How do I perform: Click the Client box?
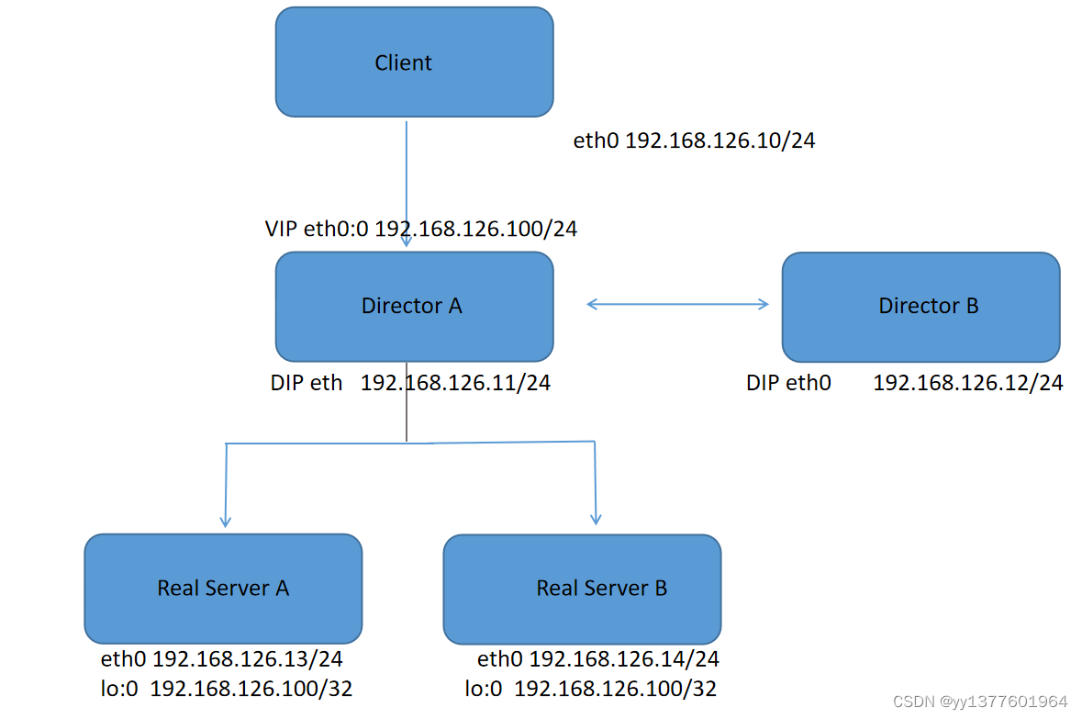(414, 62)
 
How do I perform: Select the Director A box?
(414, 307)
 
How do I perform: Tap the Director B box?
(920, 307)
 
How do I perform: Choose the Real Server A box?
(223, 589)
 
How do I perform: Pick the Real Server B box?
(582, 589)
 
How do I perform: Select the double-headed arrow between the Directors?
(677, 304)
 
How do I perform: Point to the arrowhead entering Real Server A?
(226, 520)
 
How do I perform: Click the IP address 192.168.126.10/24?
(719, 141)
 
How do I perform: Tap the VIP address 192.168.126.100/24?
(475, 229)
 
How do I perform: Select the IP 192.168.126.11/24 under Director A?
(455, 383)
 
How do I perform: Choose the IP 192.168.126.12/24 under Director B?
(967, 383)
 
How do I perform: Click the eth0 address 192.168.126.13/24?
(248, 659)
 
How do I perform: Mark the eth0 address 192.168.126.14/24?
(624, 659)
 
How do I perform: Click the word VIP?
(281, 229)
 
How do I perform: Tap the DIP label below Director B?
(764, 383)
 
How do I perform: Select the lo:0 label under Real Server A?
(119, 689)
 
